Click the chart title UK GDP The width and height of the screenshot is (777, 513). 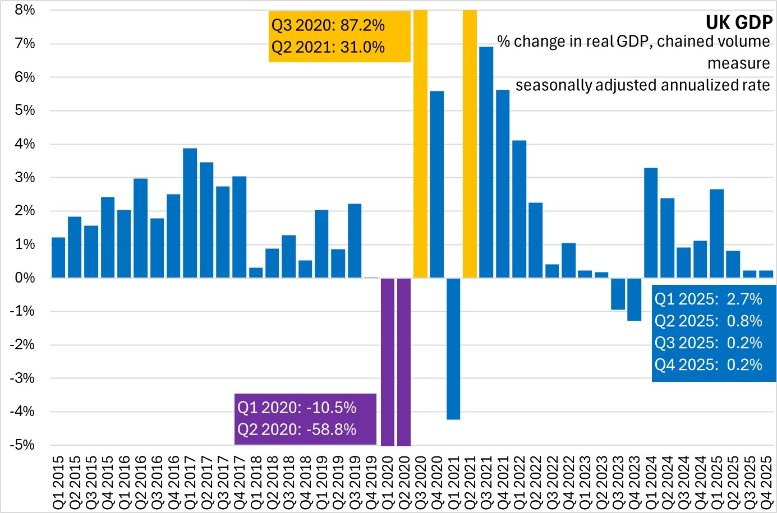pos(738,22)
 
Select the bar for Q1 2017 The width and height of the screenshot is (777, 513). pos(190,213)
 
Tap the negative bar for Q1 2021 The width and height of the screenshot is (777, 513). pos(453,348)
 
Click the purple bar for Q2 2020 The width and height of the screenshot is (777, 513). pos(403,362)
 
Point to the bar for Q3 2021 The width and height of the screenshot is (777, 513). pos(486,163)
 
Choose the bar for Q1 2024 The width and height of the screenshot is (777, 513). pos(651,223)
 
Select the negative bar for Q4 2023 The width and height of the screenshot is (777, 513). pos(634,299)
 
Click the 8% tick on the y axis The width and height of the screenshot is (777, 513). pos(25,10)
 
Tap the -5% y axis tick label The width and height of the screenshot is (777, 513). pos(22,445)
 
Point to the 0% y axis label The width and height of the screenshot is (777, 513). pos(25,278)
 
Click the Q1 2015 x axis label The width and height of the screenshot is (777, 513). pos(59,483)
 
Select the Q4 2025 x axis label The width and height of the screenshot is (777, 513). pos(766,483)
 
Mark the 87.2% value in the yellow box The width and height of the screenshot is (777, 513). pos(362,25)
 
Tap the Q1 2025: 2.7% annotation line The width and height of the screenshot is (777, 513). pos(708,299)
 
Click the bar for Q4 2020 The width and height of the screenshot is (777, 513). pos(436,184)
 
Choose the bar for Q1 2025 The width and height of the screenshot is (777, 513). pos(716,233)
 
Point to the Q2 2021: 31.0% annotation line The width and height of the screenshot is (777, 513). pos(328,47)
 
